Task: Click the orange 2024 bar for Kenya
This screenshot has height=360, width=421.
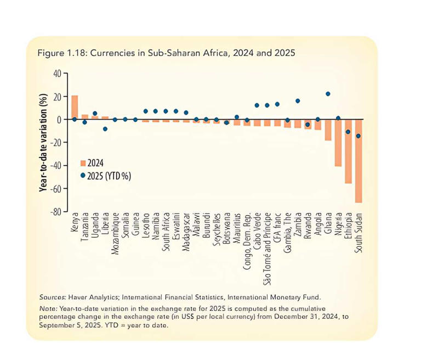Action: point(75,107)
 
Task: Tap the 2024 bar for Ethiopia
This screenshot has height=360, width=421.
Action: point(348,151)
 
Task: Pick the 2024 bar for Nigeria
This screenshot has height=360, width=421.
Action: point(338,143)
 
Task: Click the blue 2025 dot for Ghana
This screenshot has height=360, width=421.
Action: point(328,94)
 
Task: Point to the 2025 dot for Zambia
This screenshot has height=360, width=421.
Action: point(298,101)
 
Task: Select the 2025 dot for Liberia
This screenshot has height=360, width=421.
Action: point(105,129)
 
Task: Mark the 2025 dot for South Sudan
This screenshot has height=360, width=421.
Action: point(359,136)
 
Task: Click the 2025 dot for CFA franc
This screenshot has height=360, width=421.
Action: point(277,104)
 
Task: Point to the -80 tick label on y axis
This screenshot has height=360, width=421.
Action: point(56,212)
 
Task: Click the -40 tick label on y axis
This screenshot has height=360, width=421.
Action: point(56,165)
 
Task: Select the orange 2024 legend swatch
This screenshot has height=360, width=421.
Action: point(83,163)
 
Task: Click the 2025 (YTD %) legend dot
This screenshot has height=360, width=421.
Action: point(83,176)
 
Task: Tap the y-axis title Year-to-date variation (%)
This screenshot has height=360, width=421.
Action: point(43,142)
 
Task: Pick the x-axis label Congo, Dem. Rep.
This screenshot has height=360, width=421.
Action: point(247,241)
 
